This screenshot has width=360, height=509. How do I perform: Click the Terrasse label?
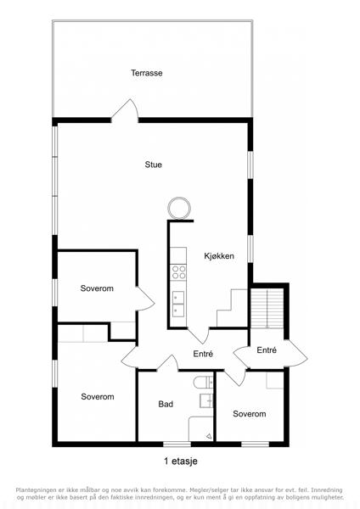[147, 73]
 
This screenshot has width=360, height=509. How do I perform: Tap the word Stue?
[154, 165]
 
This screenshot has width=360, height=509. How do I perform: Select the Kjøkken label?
[219, 256]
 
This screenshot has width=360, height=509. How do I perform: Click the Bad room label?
[166, 404]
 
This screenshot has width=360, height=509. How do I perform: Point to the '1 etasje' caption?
[181, 461]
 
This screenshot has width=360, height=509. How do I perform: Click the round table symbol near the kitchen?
[179, 208]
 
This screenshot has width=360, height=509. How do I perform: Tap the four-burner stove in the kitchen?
[178, 272]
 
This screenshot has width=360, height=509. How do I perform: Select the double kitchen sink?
[178, 305]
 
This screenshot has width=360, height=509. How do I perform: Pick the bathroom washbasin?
[206, 400]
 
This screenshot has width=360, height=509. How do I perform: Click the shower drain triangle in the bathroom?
[209, 437]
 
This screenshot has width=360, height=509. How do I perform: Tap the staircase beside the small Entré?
[267, 309]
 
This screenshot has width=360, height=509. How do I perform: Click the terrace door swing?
[126, 109]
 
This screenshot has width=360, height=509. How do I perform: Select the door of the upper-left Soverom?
[145, 299]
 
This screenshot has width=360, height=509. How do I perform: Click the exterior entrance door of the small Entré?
[296, 353]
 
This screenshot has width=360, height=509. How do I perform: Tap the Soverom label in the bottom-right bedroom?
[250, 414]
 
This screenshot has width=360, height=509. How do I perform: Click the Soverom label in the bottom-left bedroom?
[98, 397]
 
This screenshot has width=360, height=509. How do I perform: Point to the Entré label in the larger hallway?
[203, 354]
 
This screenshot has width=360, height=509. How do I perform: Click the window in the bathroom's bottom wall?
[177, 444]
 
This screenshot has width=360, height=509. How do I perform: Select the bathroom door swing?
[168, 363]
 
